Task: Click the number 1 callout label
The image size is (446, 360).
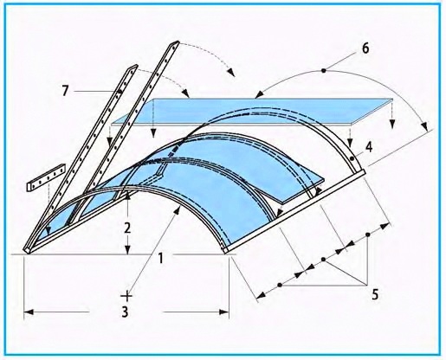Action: (x=161, y=258)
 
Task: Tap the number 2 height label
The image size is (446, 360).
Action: (x=127, y=228)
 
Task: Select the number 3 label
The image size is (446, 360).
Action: (x=125, y=312)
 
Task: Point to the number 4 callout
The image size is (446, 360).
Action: (x=369, y=147)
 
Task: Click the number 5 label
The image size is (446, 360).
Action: (x=375, y=294)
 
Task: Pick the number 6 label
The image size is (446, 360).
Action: (x=365, y=48)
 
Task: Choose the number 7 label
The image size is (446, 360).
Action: (x=66, y=91)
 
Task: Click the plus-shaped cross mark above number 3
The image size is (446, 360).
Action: (x=126, y=296)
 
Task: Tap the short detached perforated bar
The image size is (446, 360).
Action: (x=47, y=178)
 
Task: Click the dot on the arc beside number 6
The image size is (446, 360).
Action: (x=324, y=70)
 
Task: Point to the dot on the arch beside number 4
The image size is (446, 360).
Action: (x=352, y=158)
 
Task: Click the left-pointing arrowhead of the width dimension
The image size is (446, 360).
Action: (x=29, y=312)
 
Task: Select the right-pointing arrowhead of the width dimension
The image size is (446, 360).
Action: (x=224, y=312)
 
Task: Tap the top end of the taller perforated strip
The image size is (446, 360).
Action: (x=175, y=43)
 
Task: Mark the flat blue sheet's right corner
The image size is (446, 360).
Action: (x=392, y=100)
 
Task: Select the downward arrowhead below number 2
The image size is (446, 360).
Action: (x=127, y=250)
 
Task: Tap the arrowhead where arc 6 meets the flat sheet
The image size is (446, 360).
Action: (x=260, y=94)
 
